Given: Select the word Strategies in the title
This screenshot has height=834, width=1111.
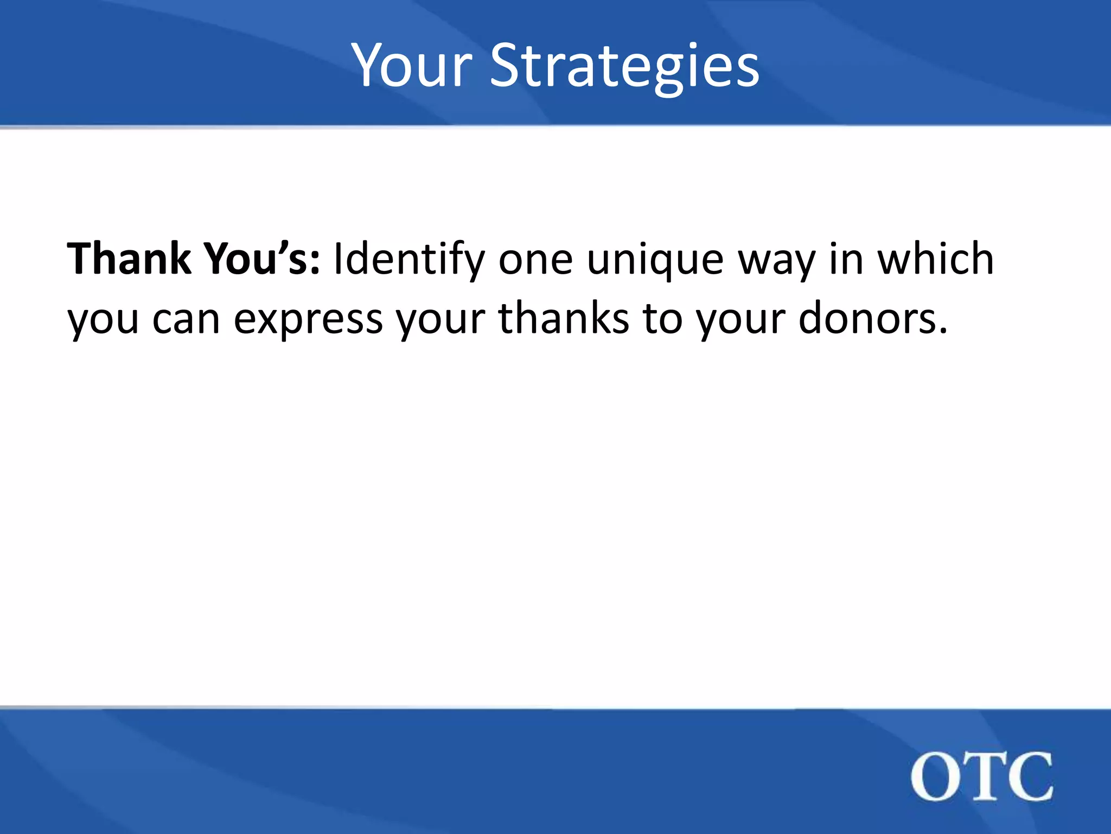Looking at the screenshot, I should pyautogui.click(x=624, y=66).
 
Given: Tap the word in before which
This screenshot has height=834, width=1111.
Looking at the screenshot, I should pyautogui.click(x=846, y=258).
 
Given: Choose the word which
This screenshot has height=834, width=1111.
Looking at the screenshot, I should pyautogui.click(x=936, y=258).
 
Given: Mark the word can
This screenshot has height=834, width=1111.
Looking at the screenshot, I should pyautogui.click(x=186, y=319).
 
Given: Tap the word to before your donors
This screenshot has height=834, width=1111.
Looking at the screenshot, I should pyautogui.click(x=663, y=318).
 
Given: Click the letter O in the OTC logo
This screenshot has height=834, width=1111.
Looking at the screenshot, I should pyautogui.click(x=935, y=776).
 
